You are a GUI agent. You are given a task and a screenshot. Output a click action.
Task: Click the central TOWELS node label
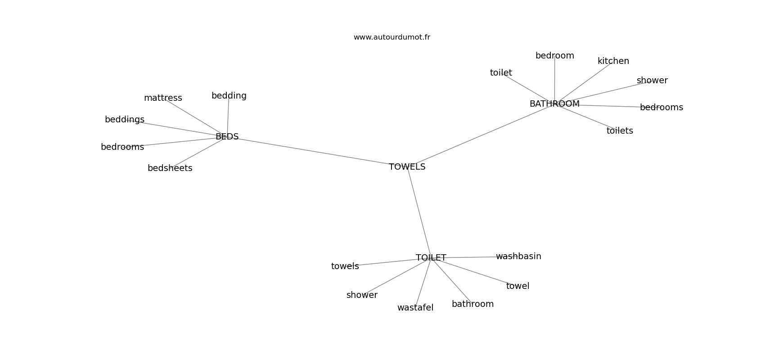pyautogui.click(x=407, y=166)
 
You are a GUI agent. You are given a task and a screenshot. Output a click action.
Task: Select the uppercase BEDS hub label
pyautogui.click(x=227, y=137)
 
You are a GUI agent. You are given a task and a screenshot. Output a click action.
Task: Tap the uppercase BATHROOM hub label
pyautogui.click(x=554, y=104)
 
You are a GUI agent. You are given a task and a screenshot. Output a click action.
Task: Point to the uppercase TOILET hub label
pyautogui.click(x=431, y=257)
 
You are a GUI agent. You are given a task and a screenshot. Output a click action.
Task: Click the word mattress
pyautogui.click(x=163, y=98)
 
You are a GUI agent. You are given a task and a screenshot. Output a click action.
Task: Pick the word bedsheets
pyautogui.click(x=170, y=168)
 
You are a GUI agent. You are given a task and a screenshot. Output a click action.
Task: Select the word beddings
pyautogui.click(x=125, y=120)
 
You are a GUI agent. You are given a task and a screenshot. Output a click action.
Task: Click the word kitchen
pyautogui.click(x=613, y=61)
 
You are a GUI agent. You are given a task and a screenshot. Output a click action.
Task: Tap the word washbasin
pyautogui.click(x=519, y=256)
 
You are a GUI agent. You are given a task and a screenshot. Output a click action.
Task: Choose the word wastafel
pyautogui.click(x=415, y=308)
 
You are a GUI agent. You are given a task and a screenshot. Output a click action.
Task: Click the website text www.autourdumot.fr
pyautogui.click(x=391, y=37)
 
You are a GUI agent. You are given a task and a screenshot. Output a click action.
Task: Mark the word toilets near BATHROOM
pyautogui.click(x=620, y=131)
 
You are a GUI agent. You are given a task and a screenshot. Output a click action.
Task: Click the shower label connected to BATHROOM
pyautogui.click(x=652, y=80)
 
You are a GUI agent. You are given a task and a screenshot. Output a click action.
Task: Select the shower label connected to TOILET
pyautogui.click(x=362, y=295)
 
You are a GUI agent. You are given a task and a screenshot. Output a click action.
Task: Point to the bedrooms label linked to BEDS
pyautogui.click(x=122, y=147)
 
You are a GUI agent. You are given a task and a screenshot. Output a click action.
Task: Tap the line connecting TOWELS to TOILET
pyautogui.click(x=419, y=212)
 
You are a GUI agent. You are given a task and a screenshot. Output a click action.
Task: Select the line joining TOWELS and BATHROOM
pyautogui.click(x=482, y=135)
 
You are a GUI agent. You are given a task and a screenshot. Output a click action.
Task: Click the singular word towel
pyautogui.click(x=518, y=286)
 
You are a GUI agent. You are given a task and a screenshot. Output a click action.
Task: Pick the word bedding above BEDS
pyautogui.click(x=229, y=96)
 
